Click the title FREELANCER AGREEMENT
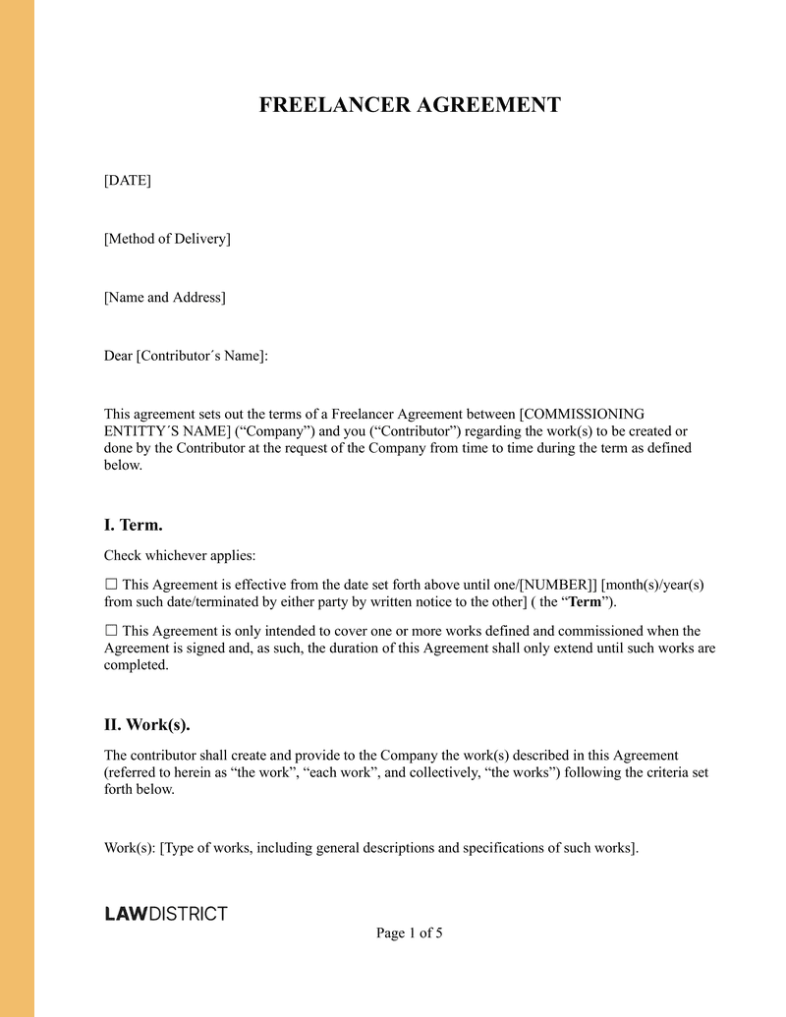pyautogui.click(x=410, y=106)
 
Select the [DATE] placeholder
pyautogui.click(x=128, y=180)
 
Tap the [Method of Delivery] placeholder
pyautogui.click(x=167, y=239)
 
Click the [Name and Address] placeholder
pyautogui.click(x=165, y=297)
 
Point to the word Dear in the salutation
pyautogui.click(x=118, y=356)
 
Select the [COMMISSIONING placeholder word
pyautogui.click(x=582, y=414)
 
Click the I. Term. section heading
pyautogui.click(x=134, y=525)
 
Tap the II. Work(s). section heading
pyautogui.click(x=147, y=725)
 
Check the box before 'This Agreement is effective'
pyautogui.click(x=111, y=584)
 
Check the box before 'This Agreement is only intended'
pyautogui.click(x=111, y=631)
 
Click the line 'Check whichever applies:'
pyautogui.click(x=180, y=555)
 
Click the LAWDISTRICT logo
pyautogui.click(x=166, y=914)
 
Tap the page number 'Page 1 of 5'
pyautogui.click(x=410, y=933)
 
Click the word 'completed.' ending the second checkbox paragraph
pyautogui.click(x=136, y=665)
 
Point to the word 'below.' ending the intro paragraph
pyautogui.click(x=124, y=466)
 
